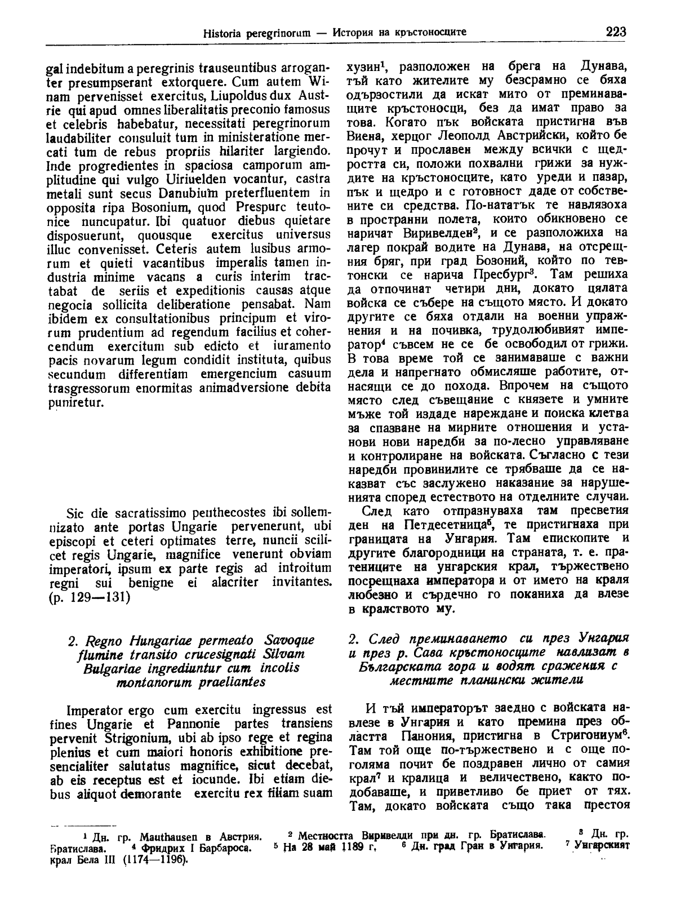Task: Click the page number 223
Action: point(616,32)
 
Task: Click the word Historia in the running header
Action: point(224,33)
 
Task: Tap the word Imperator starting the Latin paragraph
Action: point(92,709)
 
